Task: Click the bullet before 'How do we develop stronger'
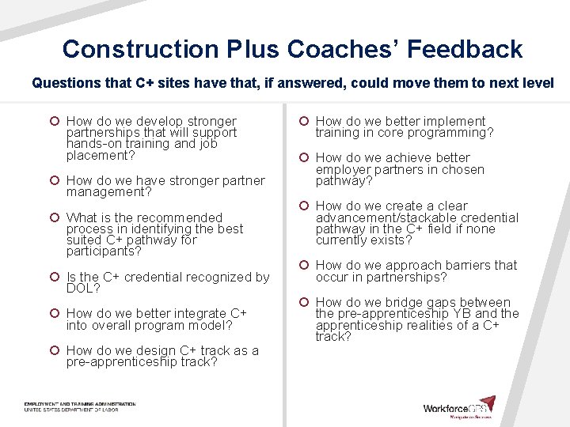tap(54, 122)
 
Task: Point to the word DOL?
tap(83, 289)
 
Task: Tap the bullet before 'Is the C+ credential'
tap(54, 278)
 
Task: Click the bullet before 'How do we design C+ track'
tap(54, 351)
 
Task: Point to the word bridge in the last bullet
tap(385, 303)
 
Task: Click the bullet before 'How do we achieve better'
tap(303, 158)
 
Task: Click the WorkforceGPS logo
tap(459, 407)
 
